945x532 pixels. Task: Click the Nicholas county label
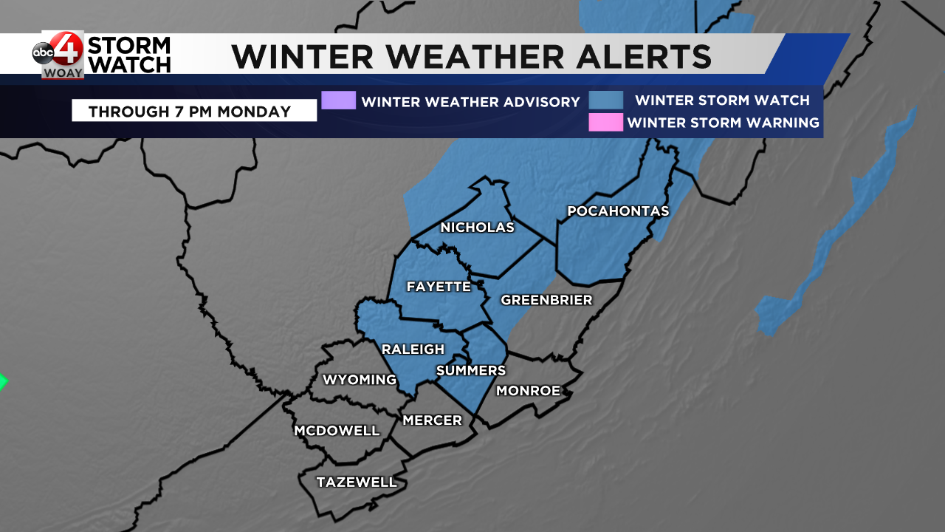point(477,228)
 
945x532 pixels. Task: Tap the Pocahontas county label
point(618,211)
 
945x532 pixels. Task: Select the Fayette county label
point(439,287)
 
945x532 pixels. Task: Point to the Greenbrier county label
point(546,300)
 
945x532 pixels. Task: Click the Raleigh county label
point(413,349)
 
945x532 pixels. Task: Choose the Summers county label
point(471,371)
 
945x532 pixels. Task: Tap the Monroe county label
point(528,391)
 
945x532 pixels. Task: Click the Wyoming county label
point(360,380)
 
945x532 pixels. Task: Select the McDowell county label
point(337,431)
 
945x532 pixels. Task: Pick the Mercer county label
point(432,420)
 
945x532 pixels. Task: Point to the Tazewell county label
point(357,482)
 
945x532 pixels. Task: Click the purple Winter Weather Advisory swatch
point(339,100)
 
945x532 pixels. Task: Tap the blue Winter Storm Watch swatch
point(605,100)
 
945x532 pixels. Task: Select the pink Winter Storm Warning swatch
point(605,123)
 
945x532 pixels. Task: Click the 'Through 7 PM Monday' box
point(194,112)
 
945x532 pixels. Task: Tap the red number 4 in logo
point(69,50)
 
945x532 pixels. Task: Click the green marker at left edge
point(2,382)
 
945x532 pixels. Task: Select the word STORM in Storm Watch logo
point(129,46)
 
